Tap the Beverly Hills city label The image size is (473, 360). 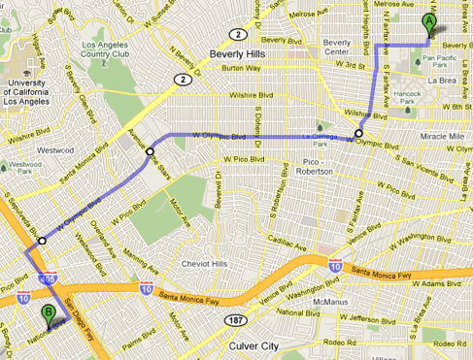(236, 54)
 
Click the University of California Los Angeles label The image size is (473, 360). (21, 88)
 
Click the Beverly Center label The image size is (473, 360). (338, 49)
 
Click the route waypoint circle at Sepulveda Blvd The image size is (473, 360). (42, 241)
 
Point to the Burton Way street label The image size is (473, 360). (239, 70)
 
